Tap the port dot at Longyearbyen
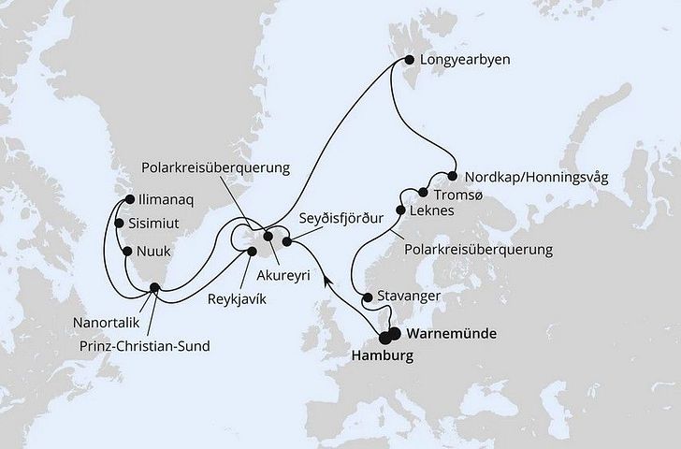[x=408, y=62]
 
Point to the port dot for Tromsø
[x=424, y=193]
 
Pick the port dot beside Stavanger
[x=367, y=298]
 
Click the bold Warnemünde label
[x=450, y=333]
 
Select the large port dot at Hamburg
[x=385, y=340]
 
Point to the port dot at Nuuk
[x=126, y=251]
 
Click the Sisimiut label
[x=154, y=224]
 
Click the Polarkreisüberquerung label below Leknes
[x=479, y=250]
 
